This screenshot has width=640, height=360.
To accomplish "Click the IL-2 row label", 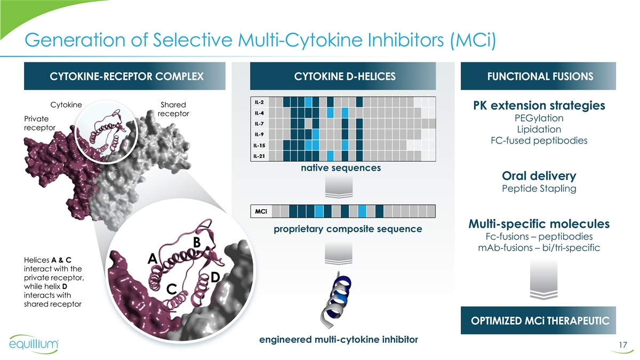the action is pos(259,102).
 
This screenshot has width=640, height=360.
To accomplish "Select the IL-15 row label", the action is pos(259,146).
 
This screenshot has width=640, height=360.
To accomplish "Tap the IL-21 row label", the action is pos(259,156).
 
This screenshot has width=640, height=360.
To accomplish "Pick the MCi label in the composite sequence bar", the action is pos(261,211).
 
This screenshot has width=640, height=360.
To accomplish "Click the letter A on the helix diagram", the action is pos(153,259).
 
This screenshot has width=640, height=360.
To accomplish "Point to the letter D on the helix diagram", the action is pos(215,277).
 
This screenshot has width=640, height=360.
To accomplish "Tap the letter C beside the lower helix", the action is pos(171,289).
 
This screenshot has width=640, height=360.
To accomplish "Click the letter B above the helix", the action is pos(197,242).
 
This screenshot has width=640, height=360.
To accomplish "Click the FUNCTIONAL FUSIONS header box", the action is pos(538,76).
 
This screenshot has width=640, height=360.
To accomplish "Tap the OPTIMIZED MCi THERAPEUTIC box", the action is pos(538,321).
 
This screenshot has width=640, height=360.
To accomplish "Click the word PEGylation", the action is pos(539,118).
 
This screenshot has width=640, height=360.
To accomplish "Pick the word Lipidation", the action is pos(539,130).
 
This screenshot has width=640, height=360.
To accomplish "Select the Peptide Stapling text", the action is pos(539,189).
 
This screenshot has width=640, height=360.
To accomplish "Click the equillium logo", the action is pos(34,344).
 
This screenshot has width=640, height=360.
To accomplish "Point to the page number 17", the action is pos(623,345).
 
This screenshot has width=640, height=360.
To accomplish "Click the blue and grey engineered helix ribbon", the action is pos(336,299).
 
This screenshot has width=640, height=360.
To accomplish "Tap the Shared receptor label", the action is pos(173,109).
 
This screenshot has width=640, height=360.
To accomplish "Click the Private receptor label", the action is pos(39,123).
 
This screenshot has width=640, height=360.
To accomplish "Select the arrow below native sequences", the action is pos(339,187).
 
